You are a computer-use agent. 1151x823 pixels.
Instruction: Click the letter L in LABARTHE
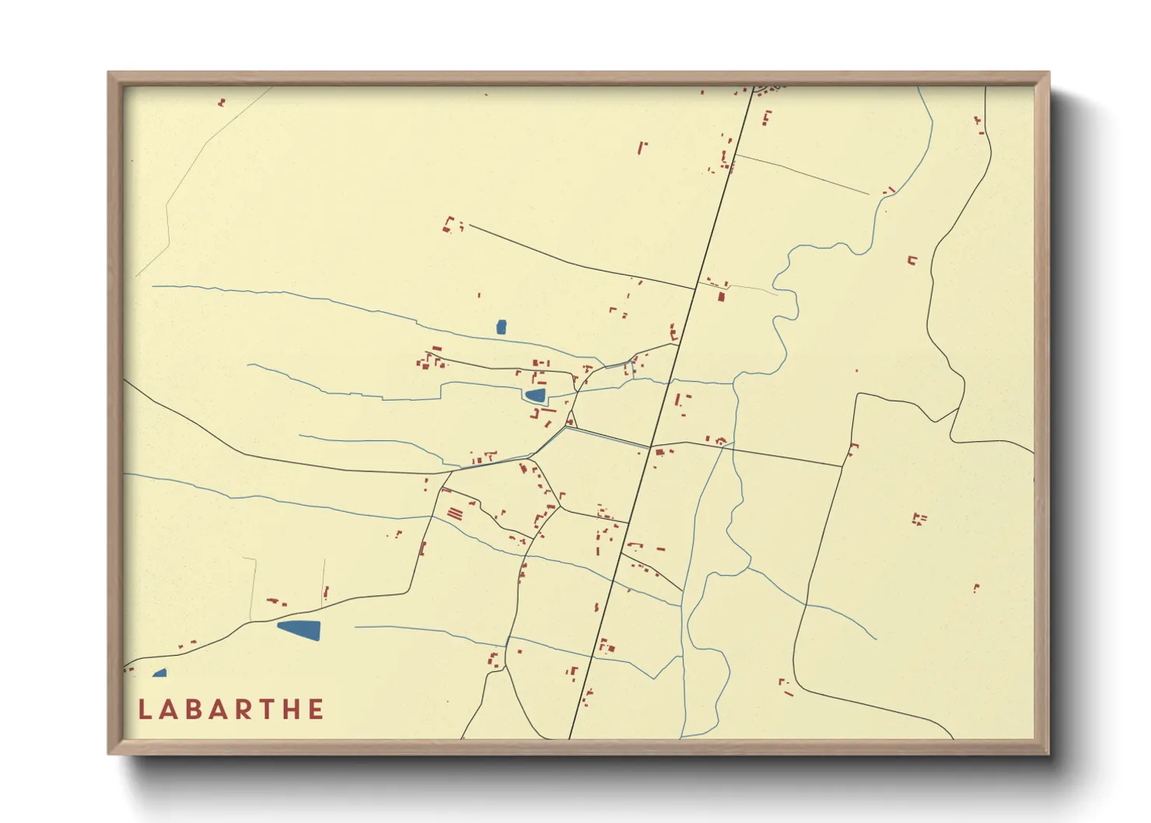(x=144, y=709)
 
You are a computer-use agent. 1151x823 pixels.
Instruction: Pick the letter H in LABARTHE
(x=291, y=709)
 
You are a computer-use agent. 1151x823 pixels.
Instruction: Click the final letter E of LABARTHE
(x=316, y=709)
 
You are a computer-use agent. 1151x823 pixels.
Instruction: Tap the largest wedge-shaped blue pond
(x=300, y=629)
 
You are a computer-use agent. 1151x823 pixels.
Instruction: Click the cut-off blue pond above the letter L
(x=160, y=673)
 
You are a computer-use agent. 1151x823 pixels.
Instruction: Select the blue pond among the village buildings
(x=535, y=395)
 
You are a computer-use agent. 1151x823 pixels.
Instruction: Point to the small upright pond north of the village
(x=502, y=327)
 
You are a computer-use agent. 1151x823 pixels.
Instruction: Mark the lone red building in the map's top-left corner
(x=222, y=102)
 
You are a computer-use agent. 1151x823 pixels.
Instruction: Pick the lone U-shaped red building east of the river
(x=912, y=261)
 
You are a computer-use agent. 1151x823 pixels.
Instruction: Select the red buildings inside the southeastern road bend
(x=785, y=687)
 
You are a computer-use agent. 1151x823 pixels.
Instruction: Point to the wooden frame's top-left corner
(x=110, y=74)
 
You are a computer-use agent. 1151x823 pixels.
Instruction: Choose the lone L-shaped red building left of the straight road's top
(x=642, y=147)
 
